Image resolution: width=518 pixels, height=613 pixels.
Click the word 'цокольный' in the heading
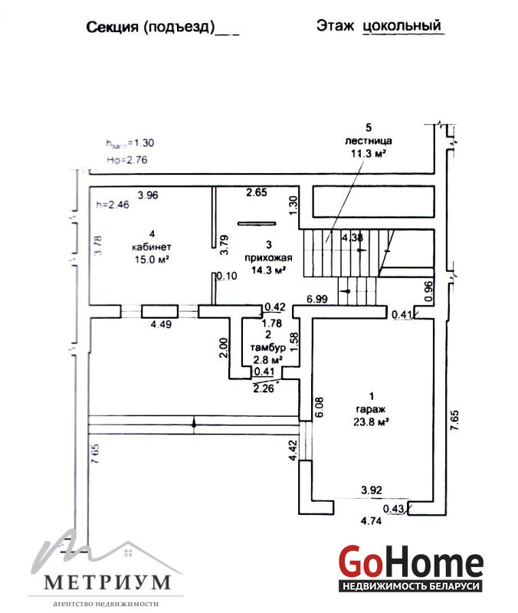[x=402, y=26]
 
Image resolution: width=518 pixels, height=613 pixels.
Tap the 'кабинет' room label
[x=152, y=247]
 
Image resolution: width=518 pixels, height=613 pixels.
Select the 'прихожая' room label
[x=268, y=257]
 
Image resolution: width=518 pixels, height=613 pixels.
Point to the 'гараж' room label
[x=371, y=409]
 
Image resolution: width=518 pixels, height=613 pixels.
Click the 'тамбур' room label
[x=267, y=347]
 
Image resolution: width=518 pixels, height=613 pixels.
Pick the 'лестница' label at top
[x=369, y=141]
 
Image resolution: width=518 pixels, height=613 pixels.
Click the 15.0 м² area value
[x=152, y=259]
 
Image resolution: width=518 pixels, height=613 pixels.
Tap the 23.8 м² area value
[x=371, y=422]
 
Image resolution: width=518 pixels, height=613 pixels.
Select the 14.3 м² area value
[x=268, y=270]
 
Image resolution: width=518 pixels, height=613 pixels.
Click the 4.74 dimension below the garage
[x=371, y=521]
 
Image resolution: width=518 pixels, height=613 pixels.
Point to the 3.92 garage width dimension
[x=372, y=490]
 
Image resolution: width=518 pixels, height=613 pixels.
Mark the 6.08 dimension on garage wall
[x=320, y=407]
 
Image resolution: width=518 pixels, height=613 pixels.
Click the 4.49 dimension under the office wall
[x=161, y=324]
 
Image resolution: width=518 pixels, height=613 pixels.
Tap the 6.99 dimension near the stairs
[x=317, y=299]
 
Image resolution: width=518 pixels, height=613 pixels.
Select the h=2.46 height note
[x=113, y=205]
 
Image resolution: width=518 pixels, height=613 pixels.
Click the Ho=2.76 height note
[x=126, y=159]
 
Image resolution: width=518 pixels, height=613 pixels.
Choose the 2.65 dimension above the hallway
[x=257, y=192]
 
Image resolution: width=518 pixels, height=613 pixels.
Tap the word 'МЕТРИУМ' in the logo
[x=107, y=582]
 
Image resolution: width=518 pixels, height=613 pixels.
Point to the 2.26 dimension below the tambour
[x=264, y=388]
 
